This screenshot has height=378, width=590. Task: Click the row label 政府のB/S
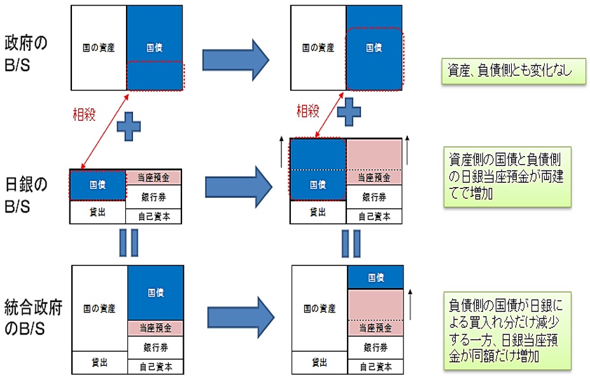(25, 54)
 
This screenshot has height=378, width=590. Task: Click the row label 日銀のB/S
(25, 195)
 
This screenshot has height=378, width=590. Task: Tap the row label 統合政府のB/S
(32, 318)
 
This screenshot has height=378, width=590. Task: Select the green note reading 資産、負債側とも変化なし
(513, 71)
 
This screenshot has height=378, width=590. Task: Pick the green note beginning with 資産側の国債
(507, 177)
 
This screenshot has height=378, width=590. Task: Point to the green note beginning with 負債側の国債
(507, 331)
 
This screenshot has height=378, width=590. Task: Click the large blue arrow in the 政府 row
(236, 60)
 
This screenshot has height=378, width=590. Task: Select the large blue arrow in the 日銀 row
(239, 187)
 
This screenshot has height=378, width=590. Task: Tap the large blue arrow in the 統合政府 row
(241, 317)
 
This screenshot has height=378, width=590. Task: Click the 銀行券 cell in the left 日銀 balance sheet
(153, 197)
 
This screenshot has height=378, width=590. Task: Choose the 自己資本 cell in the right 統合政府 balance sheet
(376, 367)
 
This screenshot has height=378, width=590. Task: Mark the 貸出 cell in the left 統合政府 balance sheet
(100, 362)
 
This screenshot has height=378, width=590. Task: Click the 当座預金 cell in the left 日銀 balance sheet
(153, 178)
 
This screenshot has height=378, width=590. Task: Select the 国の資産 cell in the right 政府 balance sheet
(318, 48)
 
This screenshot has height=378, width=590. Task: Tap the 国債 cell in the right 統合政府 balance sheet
(376, 277)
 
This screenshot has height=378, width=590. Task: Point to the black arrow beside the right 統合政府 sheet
(410, 304)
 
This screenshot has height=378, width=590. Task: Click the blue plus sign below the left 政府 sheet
(129, 127)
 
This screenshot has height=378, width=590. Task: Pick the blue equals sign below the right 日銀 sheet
(351, 243)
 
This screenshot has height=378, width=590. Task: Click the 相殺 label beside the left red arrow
(84, 115)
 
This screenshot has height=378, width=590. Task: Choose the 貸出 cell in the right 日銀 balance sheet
(318, 212)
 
